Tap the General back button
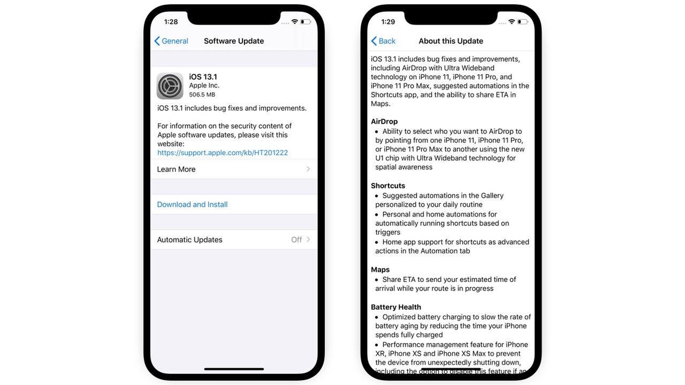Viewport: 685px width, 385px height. tap(171, 41)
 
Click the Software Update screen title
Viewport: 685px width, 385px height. tap(234, 41)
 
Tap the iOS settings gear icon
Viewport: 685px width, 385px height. tap(170, 86)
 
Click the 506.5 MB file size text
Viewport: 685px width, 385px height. tap(202, 95)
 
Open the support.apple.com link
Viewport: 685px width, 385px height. tap(223, 153)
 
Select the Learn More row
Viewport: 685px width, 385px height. tap(233, 169)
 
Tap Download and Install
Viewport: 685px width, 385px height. tap(193, 204)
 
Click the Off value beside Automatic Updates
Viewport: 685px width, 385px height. tap(296, 240)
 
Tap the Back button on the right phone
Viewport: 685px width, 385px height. tap(383, 41)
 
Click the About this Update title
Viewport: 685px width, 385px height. tap(451, 41)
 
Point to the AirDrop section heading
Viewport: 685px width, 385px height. tap(384, 121)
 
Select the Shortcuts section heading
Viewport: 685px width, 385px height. tap(388, 186)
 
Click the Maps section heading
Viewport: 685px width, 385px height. tap(380, 269)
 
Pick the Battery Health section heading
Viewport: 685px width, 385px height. tap(396, 307)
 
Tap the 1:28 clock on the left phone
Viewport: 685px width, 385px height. tap(171, 22)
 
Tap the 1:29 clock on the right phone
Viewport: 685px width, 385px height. tap(388, 22)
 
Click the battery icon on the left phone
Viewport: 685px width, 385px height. tap(306, 22)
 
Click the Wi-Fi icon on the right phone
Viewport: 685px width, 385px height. tap(512, 22)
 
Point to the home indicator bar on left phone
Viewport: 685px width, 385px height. tap(234, 368)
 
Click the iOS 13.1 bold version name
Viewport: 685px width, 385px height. tap(203, 77)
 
